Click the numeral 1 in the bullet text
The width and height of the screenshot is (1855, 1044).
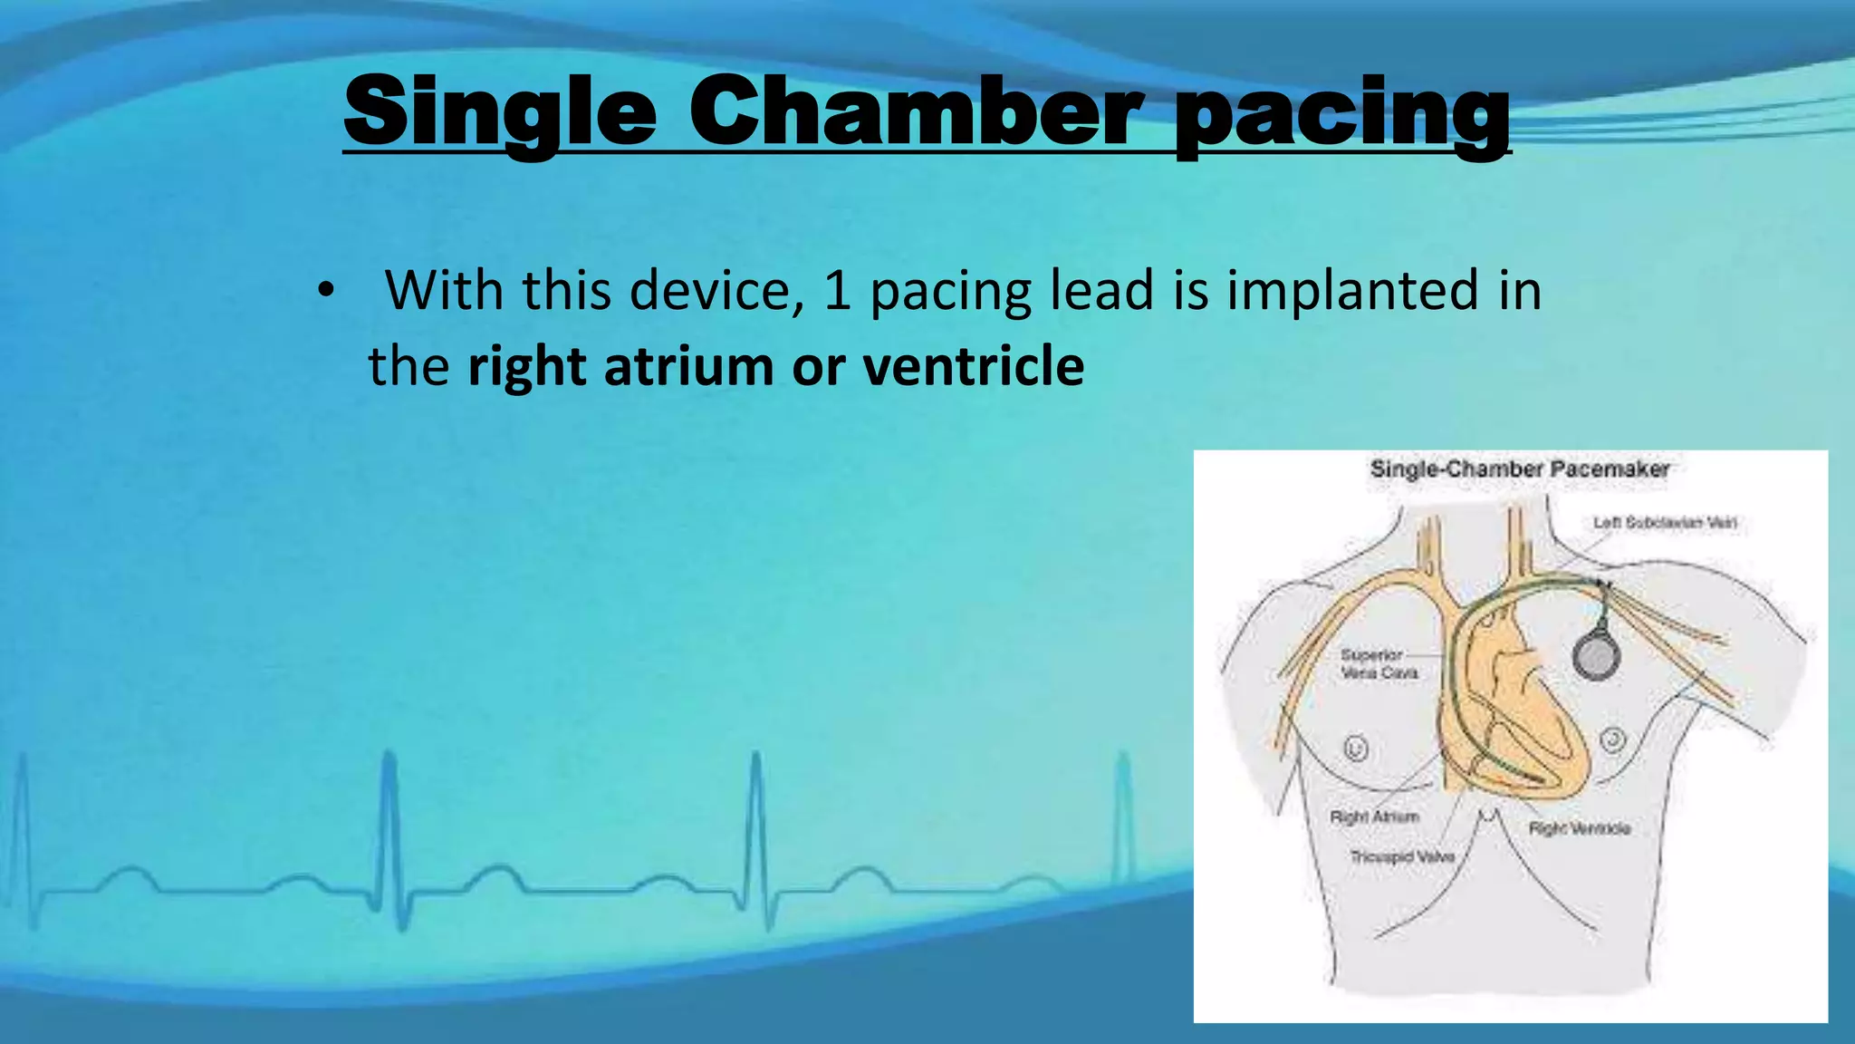(x=837, y=291)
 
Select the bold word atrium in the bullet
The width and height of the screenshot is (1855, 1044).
(x=688, y=366)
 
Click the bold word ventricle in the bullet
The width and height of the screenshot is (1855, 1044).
(x=974, y=366)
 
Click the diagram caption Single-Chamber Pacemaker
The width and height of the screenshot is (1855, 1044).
(x=1519, y=469)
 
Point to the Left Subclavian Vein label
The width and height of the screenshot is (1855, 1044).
(x=1665, y=523)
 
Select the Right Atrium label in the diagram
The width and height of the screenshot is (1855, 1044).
(x=1374, y=817)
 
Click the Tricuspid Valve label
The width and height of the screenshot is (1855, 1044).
(x=1402, y=856)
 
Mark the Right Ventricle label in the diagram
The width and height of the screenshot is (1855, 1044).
(x=1580, y=828)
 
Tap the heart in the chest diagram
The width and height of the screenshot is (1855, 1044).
(x=1522, y=716)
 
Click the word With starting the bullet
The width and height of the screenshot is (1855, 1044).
(x=444, y=290)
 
